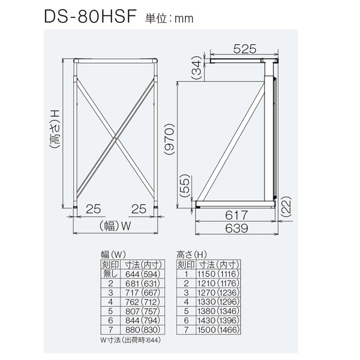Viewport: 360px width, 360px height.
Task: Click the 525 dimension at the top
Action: click(245, 49)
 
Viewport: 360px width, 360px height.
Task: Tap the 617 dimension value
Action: click(236, 215)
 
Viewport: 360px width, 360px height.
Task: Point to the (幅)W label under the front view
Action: click(116, 225)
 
